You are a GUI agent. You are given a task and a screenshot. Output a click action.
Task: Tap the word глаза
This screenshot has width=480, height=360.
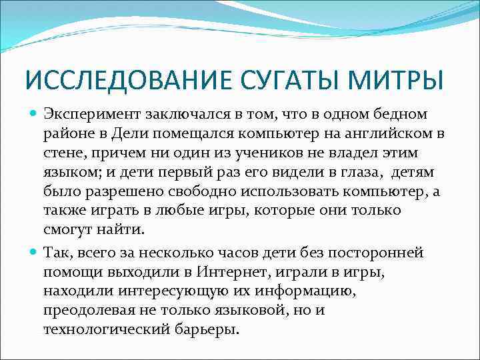tap(333, 173)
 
